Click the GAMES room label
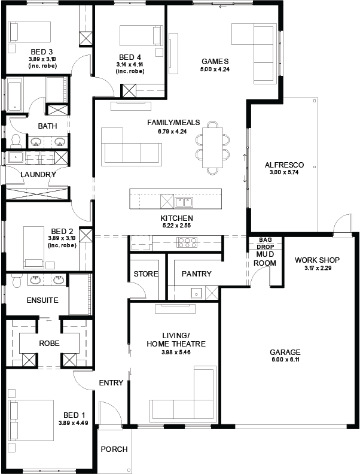(215, 62)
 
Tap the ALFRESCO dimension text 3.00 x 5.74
(284, 172)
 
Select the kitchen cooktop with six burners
(187, 242)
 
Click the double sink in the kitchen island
(184, 202)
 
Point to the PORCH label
(114, 449)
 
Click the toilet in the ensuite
(16, 281)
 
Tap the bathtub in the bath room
(14, 95)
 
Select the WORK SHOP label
(317, 260)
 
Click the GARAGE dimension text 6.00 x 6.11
(285, 360)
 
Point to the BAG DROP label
(265, 243)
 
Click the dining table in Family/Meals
(213, 147)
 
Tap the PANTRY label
(197, 274)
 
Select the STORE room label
(146, 274)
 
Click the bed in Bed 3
(29, 32)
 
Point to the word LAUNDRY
(38, 174)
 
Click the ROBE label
(49, 344)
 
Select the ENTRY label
(111, 382)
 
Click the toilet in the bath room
(15, 141)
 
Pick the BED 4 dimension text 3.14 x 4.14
(130, 65)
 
